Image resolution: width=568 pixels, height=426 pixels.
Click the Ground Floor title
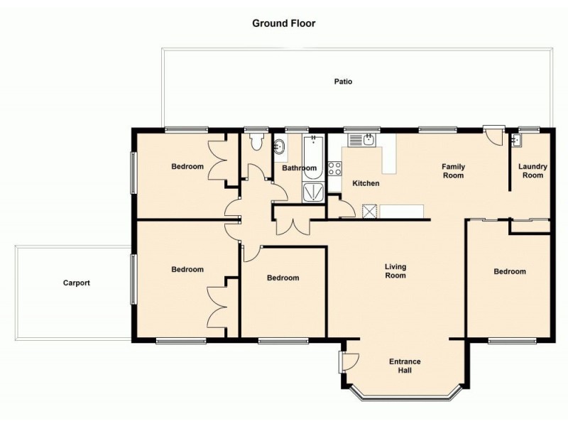click(283, 23)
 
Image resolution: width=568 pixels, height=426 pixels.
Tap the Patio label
click(343, 82)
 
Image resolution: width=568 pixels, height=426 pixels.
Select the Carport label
click(77, 283)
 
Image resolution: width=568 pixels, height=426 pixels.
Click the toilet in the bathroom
click(257, 141)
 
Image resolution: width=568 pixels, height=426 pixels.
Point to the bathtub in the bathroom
click(313, 157)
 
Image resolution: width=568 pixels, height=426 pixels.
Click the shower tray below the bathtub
click(313, 192)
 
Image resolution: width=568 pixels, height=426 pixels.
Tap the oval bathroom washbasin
click(279, 148)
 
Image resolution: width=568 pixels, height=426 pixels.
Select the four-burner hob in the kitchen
click(334, 169)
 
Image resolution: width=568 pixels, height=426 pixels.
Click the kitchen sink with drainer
click(363, 140)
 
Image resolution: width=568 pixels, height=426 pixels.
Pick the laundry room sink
click(516, 140)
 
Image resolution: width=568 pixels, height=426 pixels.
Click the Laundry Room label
click(532, 171)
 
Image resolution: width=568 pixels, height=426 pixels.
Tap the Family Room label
click(453, 171)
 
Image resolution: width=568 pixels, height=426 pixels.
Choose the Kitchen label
click(366, 183)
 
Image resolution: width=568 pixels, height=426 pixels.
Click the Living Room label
click(395, 271)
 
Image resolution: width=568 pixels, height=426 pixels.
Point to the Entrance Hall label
click(405, 366)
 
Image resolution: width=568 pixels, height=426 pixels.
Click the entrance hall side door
click(349, 361)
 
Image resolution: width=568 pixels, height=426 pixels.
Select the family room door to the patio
click(494, 136)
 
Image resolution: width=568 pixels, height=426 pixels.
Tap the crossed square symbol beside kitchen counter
click(369, 211)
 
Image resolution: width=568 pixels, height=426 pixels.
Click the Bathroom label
click(299, 168)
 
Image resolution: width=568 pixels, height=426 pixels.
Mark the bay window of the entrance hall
click(402, 397)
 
